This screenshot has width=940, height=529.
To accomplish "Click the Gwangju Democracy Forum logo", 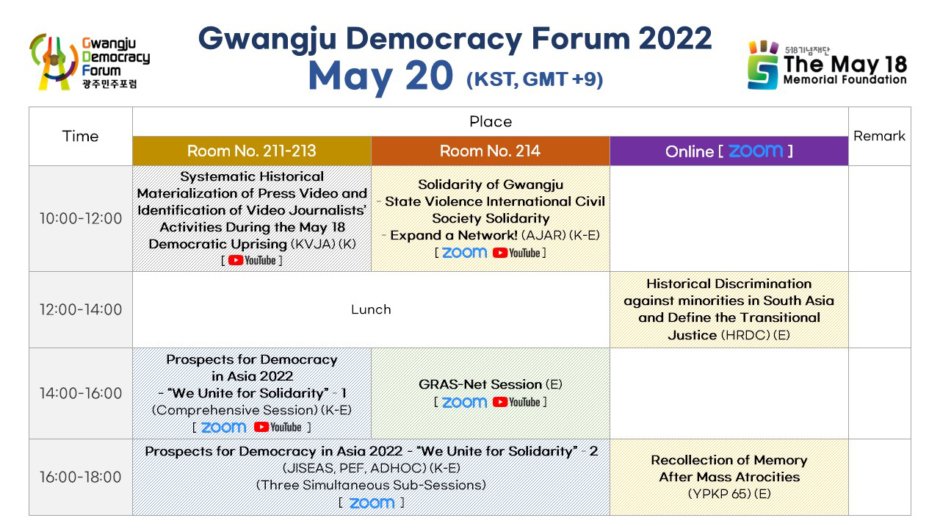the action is (90, 62).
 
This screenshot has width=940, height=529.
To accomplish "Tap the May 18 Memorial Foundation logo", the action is (827, 65).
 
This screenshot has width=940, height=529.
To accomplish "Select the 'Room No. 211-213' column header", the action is (251, 151).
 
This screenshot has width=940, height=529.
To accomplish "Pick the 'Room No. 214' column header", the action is (490, 151).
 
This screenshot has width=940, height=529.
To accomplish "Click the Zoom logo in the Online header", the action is (756, 151).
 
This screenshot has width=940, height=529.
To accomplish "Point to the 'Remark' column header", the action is (879, 136).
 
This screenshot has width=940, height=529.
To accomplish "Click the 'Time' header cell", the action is (80, 137).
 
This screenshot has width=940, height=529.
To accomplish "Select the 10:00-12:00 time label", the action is (81, 218).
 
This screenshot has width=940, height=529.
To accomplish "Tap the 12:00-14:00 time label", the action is (81, 309).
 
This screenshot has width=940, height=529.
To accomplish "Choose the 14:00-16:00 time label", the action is (81, 393).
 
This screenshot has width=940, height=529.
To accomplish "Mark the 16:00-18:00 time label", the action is (81, 477).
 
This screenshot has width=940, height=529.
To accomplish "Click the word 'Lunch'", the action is (371, 309).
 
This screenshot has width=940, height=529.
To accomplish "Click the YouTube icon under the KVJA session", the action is (252, 260).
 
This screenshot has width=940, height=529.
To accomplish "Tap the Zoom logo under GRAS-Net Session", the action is (465, 402).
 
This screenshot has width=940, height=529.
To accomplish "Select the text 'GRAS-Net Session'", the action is (480, 384).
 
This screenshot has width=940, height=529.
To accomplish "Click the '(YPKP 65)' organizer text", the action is (719, 494).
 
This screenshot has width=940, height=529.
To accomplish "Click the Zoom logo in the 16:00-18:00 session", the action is (372, 503).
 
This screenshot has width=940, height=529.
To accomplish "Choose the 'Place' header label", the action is (491, 122).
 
